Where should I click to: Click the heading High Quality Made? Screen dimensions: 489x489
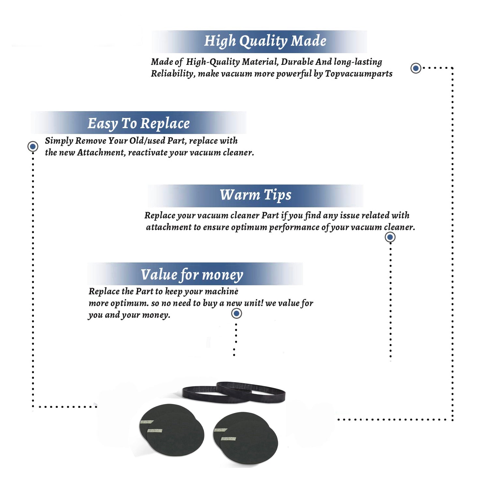click(265, 41)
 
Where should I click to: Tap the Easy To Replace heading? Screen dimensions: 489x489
click(139, 124)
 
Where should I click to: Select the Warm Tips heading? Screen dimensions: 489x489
click(256, 195)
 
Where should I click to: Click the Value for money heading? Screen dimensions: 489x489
click(192, 275)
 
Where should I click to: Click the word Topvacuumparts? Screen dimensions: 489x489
click(359, 74)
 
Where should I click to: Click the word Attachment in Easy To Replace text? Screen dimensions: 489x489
click(101, 153)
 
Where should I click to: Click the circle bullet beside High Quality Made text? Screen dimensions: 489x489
click(416, 68)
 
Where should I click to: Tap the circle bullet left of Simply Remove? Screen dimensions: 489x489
click(33, 146)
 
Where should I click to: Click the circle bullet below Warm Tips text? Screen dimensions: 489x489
click(390, 237)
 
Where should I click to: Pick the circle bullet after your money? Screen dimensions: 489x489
click(236, 314)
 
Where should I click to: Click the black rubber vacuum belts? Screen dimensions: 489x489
click(233, 392)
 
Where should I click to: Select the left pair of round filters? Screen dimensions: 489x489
click(172, 430)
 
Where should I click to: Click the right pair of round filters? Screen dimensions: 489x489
click(245, 438)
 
